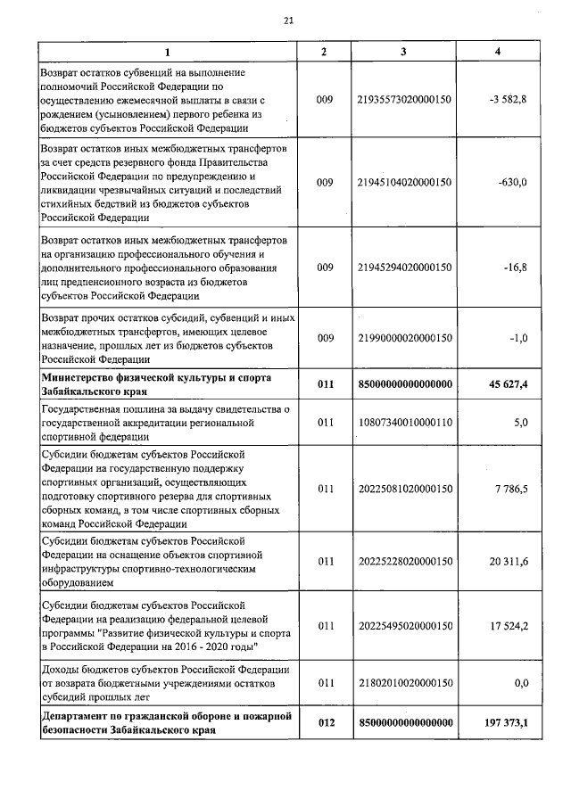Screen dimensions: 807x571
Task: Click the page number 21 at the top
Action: coord(287,21)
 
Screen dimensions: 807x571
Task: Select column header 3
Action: coord(403,52)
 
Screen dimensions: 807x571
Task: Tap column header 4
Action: coord(497,52)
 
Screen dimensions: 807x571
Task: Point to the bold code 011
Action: coord(325,384)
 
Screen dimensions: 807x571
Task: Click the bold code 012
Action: coord(325,722)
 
